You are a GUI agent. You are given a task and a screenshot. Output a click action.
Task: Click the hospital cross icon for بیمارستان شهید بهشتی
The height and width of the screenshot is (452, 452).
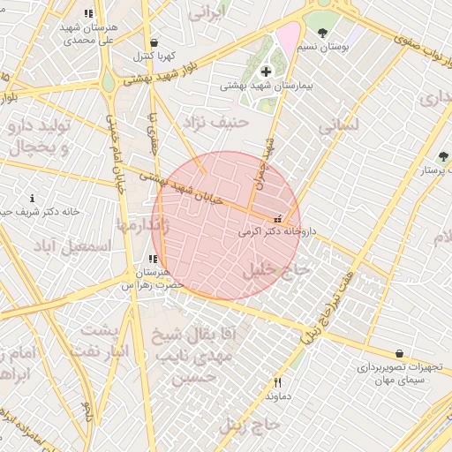[x=266, y=71]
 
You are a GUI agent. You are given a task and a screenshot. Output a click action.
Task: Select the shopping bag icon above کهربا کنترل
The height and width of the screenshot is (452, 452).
[x=154, y=42]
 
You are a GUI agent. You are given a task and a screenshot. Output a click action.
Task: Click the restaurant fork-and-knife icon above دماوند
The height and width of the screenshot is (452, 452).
[x=278, y=382]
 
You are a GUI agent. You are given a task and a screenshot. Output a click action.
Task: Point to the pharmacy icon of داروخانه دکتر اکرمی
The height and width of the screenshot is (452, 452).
[x=279, y=219]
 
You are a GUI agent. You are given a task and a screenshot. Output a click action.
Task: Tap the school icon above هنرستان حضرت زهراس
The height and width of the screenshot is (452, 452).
[x=154, y=260]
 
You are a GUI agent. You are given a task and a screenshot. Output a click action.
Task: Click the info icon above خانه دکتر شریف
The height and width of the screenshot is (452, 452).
[x=33, y=198]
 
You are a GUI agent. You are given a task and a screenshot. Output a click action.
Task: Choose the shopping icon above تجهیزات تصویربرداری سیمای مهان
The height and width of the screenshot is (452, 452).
[x=400, y=353]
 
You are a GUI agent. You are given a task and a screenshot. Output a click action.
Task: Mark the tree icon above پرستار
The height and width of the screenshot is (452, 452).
[x=442, y=156]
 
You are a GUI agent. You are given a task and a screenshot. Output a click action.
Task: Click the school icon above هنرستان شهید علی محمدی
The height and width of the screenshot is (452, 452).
[x=87, y=13]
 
